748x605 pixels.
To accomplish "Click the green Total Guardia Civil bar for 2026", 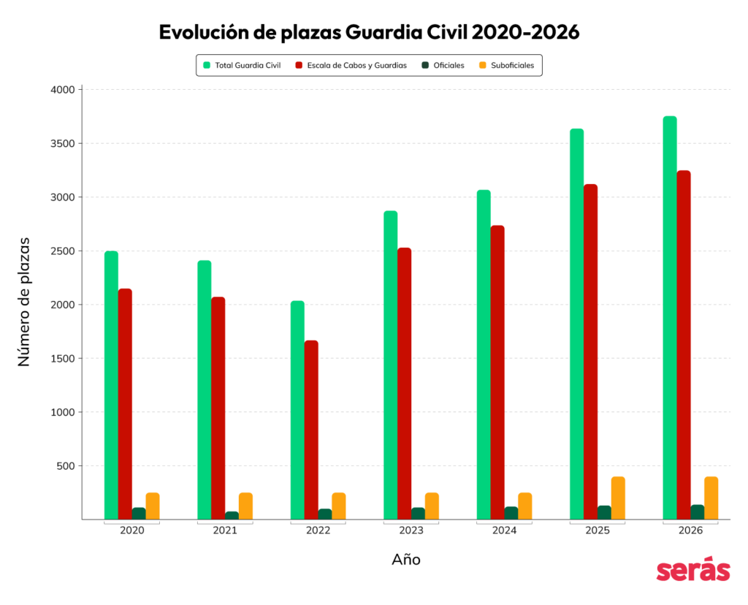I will click(670, 318).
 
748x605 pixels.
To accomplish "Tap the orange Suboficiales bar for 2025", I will click(618, 498).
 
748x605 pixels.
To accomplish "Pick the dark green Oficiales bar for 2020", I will click(139, 513).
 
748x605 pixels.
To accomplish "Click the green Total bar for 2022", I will click(297, 410).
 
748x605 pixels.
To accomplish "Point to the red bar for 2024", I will click(497, 373).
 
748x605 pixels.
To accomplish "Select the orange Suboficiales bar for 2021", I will click(245, 506).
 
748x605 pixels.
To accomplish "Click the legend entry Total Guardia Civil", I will click(243, 65).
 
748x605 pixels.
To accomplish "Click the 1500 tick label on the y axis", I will click(64, 358).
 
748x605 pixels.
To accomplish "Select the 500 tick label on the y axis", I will click(66, 465).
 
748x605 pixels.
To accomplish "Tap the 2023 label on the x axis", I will click(411, 530).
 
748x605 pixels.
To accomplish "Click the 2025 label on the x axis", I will click(598, 530).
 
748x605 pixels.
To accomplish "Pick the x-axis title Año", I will click(406, 560).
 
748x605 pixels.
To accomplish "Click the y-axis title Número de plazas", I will click(24, 301).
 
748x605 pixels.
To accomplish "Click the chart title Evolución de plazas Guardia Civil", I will click(369, 33).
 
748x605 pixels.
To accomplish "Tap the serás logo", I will click(692, 571).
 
